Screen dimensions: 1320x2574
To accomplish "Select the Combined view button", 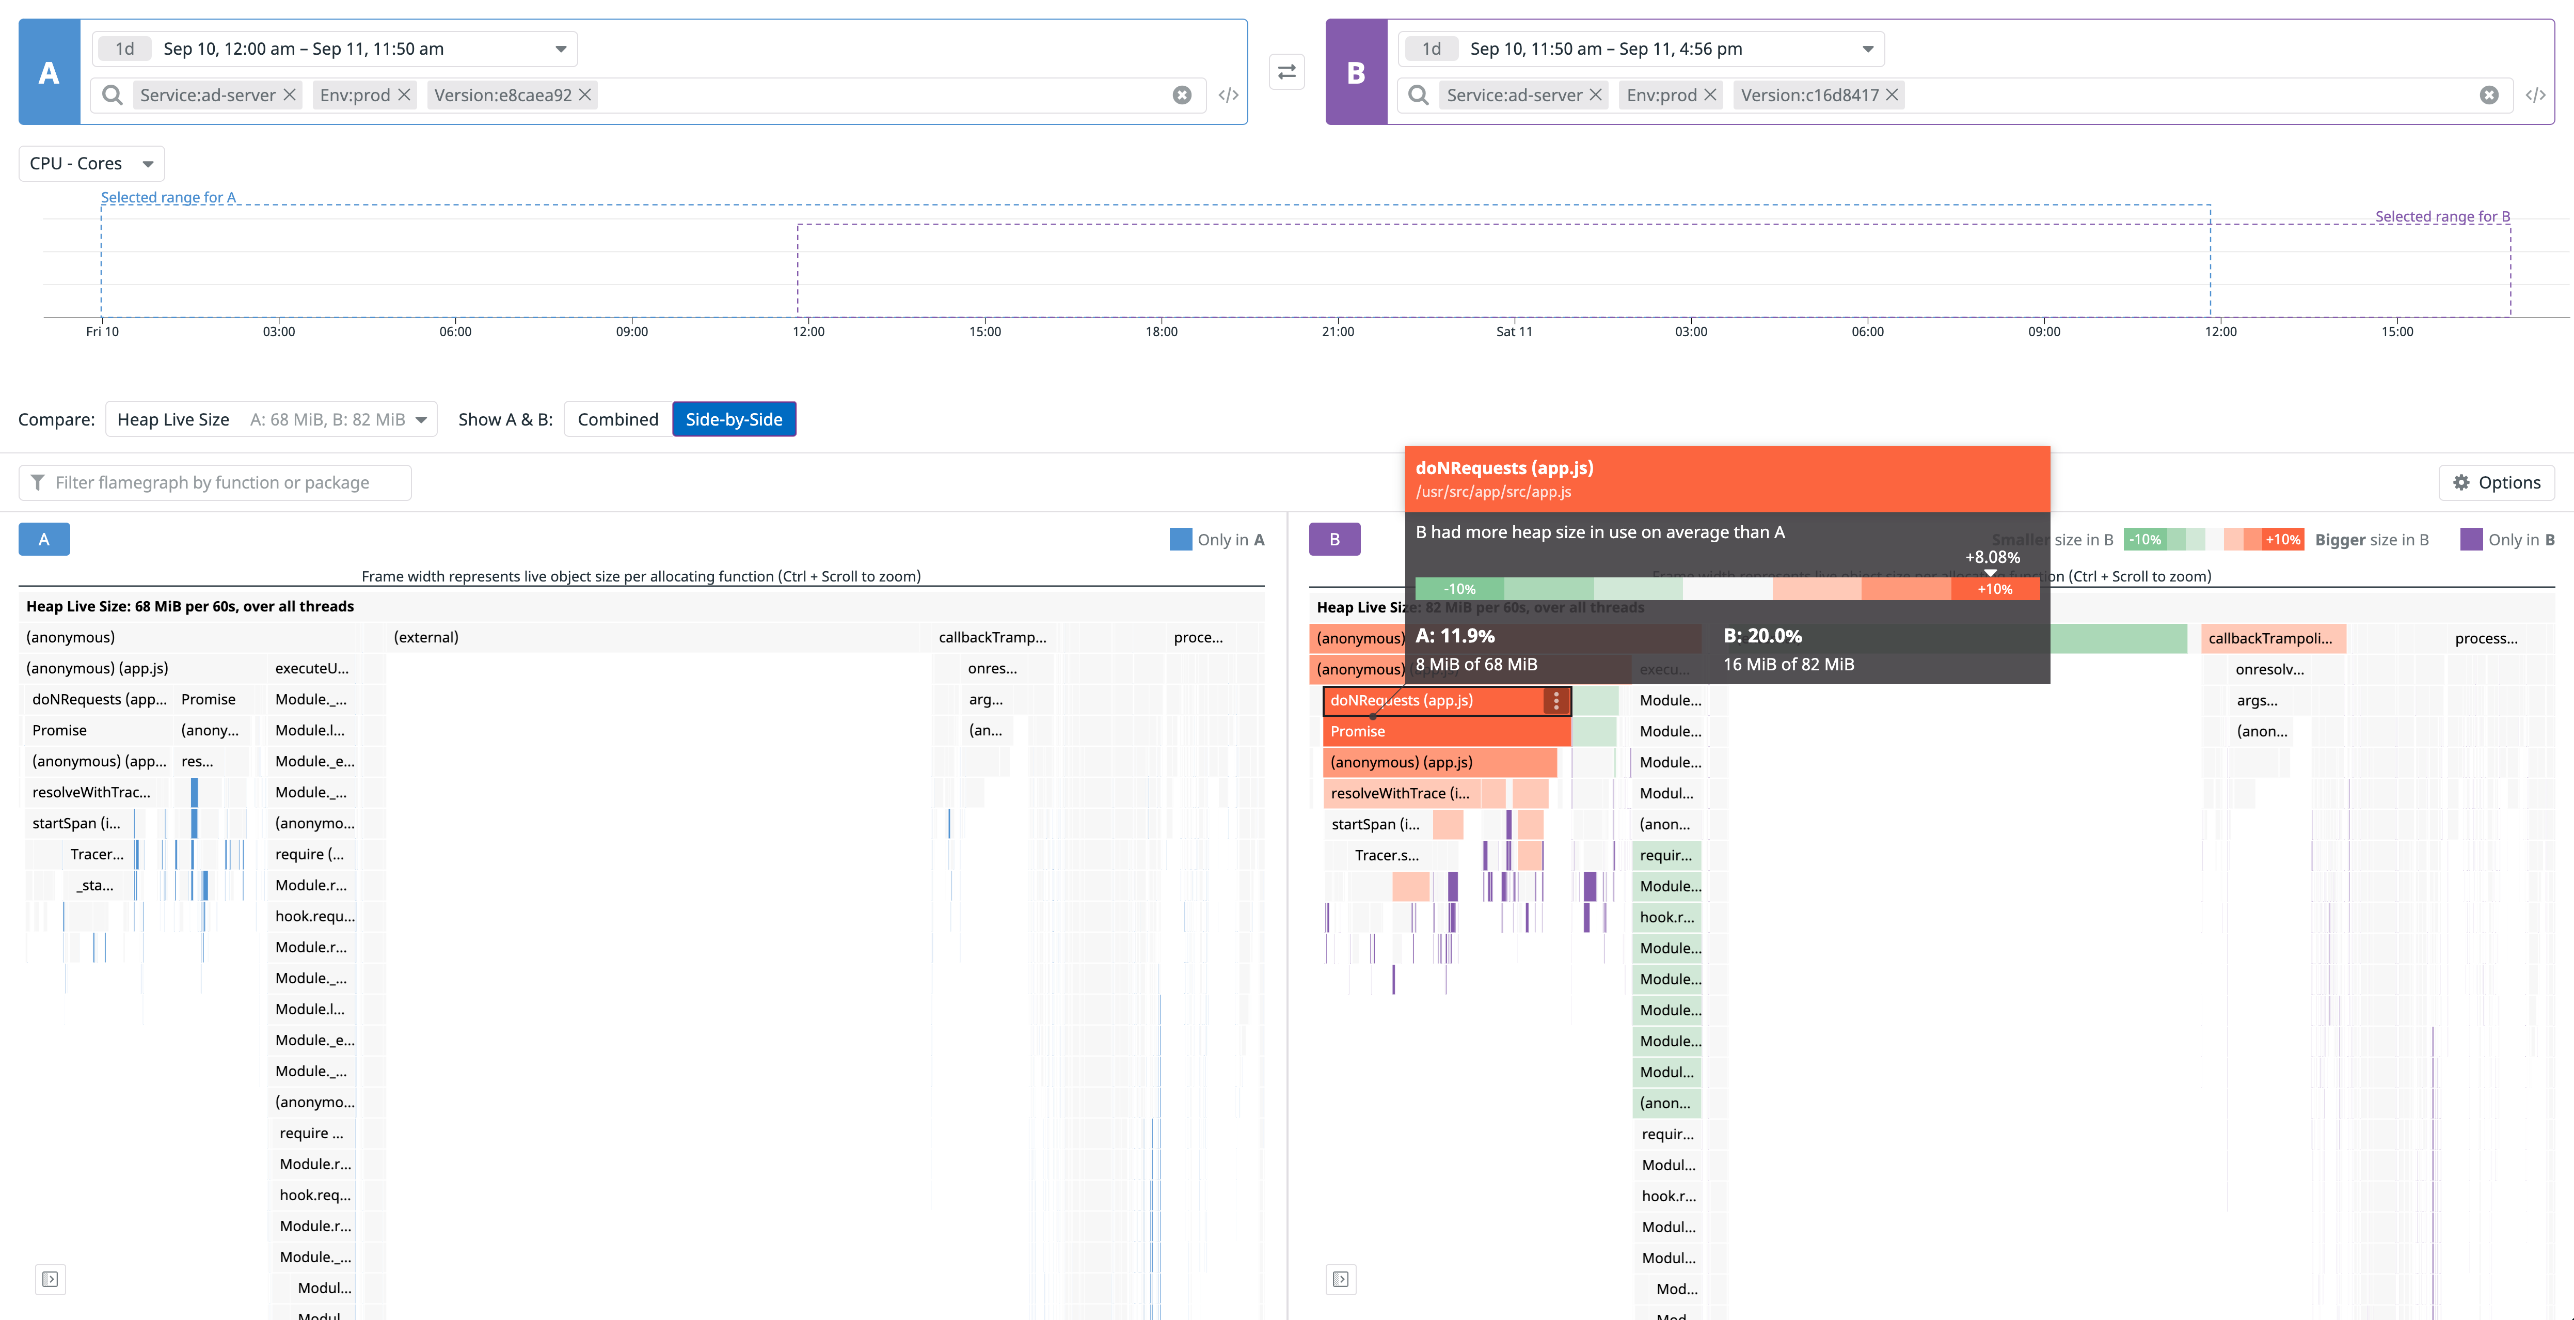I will (x=617, y=420).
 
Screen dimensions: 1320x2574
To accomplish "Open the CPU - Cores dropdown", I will (x=91, y=164).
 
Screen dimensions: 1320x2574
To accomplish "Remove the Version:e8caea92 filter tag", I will (x=585, y=95).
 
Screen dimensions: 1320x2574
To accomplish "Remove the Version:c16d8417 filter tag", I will (x=1892, y=95).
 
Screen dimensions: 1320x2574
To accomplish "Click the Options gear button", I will (x=2496, y=483).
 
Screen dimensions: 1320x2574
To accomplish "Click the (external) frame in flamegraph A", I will (x=426, y=637).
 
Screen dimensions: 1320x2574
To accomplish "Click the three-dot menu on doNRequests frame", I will (x=1556, y=700).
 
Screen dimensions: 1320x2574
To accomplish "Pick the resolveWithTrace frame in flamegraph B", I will (x=1399, y=793).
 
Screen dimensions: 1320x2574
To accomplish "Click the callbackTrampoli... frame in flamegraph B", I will (x=2270, y=638).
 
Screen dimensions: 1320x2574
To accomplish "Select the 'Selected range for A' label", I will (x=168, y=198).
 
